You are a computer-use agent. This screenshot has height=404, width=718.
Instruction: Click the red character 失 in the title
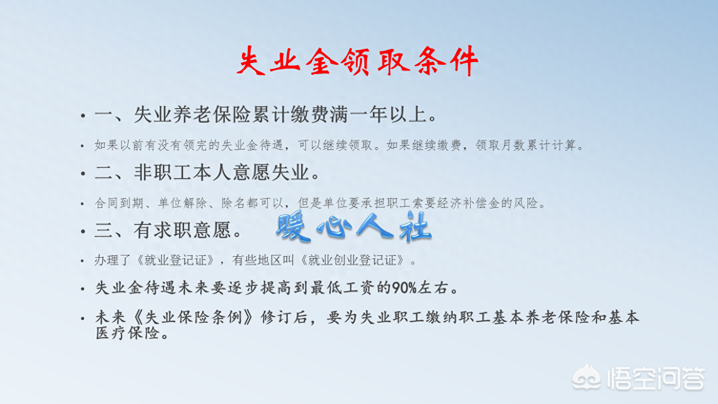click(251, 61)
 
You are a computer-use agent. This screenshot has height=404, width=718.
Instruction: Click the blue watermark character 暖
click(293, 227)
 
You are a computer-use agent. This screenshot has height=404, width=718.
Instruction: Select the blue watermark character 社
click(416, 227)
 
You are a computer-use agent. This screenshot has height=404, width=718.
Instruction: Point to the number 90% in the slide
click(404, 288)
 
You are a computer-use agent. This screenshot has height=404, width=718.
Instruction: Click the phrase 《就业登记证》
click(175, 260)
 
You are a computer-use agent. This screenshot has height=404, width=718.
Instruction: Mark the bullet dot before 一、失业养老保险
click(83, 115)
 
